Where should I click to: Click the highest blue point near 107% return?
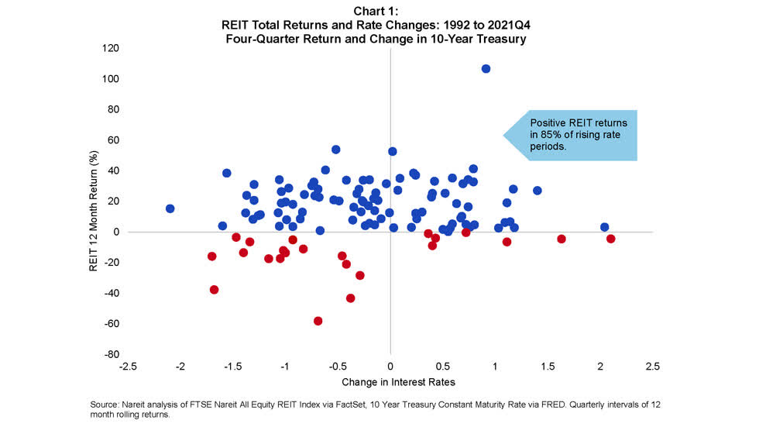point(486,69)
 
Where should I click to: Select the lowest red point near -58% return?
point(318,321)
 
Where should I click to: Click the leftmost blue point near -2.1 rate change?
point(170,208)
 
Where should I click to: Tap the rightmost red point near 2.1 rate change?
point(610,239)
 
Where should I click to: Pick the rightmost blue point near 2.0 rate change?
point(604,227)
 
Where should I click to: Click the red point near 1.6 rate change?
point(562,239)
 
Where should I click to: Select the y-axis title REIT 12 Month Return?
point(93,201)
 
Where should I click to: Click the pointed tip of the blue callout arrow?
point(504,135)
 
